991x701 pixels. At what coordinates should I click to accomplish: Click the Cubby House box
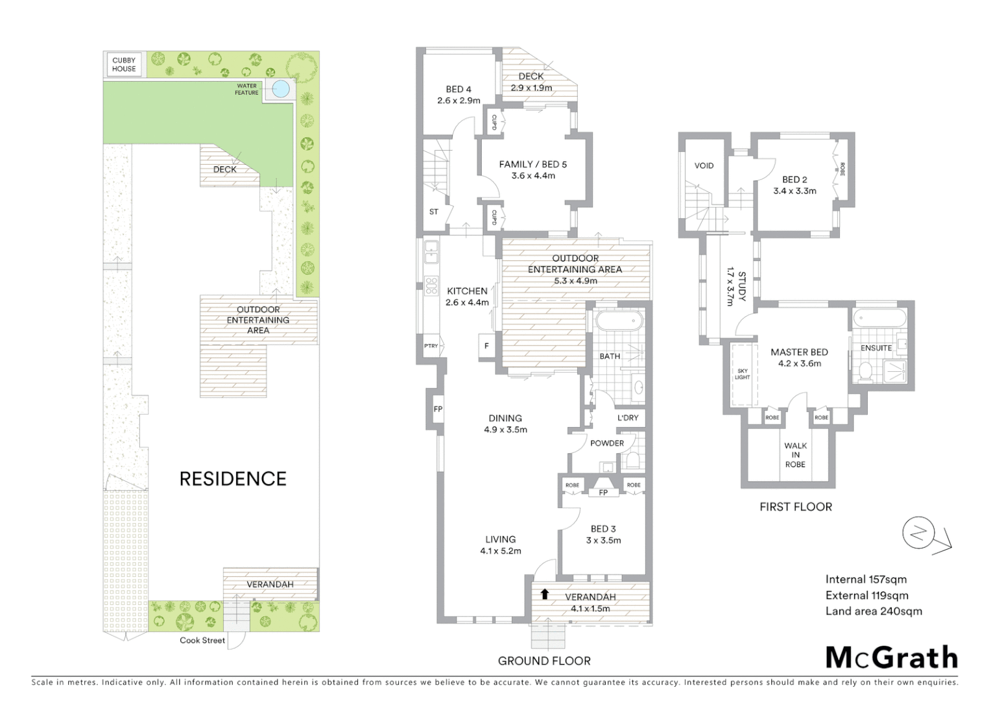point(124,64)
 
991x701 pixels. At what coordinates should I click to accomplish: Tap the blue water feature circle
point(281,89)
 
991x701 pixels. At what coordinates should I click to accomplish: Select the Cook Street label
point(202,641)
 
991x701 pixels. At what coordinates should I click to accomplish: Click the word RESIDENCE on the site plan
point(233,479)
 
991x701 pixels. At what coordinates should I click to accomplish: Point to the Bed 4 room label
point(459,90)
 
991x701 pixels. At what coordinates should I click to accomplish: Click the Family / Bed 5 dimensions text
point(533,176)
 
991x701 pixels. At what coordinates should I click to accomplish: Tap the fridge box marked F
point(486,346)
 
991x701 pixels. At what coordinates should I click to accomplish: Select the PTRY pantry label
point(431,346)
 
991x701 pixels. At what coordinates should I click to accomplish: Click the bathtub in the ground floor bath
point(619,321)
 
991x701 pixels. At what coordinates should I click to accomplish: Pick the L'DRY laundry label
point(627,418)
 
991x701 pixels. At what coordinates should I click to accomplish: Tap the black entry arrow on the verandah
point(544,594)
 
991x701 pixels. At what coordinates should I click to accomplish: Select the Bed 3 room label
point(603,529)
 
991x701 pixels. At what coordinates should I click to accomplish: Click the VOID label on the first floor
point(704,166)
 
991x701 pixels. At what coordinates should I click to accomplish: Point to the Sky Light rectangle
point(742,375)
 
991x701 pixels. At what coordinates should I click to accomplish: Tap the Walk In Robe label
point(795,454)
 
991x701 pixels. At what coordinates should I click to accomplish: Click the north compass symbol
point(918,534)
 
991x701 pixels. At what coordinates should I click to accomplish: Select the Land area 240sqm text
point(873,611)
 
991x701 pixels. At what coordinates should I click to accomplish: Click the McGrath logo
point(891,658)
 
